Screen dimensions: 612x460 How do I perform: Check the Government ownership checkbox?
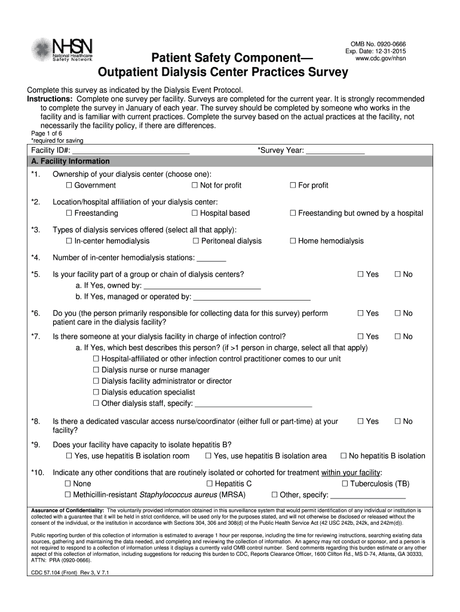(69, 185)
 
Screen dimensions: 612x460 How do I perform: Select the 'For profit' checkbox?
(293, 185)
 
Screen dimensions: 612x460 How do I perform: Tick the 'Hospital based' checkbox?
(195, 213)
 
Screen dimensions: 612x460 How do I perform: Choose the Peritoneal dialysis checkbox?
(196, 241)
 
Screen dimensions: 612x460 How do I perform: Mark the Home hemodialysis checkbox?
(293, 241)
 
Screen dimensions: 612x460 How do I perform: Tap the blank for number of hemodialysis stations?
(211, 258)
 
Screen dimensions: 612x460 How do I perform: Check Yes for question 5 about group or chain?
(361, 274)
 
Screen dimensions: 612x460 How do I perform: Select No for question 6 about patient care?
(398, 313)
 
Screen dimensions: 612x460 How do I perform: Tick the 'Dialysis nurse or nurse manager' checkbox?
(96, 370)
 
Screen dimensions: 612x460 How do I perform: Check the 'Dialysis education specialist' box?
(96, 392)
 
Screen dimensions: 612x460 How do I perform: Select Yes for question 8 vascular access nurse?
(361, 421)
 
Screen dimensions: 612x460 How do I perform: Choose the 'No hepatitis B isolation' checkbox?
(344, 456)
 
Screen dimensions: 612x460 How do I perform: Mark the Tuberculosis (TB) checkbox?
(345, 484)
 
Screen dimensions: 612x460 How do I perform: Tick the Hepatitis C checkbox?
(210, 484)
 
